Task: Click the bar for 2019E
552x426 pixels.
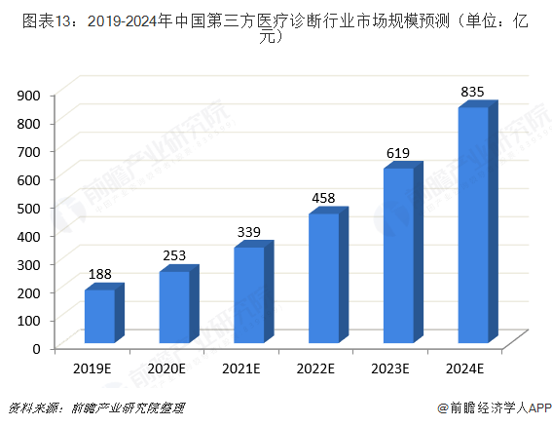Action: coord(100,316)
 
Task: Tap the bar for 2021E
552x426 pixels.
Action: coord(249,294)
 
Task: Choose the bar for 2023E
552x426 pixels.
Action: coord(398,255)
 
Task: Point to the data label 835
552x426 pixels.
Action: coord(473,92)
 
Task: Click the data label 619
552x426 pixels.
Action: coord(398,153)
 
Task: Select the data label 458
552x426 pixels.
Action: coord(323,198)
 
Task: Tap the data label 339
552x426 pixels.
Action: coord(249,232)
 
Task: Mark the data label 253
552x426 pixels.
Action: coord(174,256)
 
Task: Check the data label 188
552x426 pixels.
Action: coord(100,275)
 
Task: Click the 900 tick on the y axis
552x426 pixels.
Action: coord(28,95)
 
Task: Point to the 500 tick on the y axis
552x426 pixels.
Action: coord(28,208)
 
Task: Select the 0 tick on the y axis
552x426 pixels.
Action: coord(35,348)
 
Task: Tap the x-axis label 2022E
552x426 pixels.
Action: coord(315,368)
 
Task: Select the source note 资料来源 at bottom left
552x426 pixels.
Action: coord(95,407)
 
